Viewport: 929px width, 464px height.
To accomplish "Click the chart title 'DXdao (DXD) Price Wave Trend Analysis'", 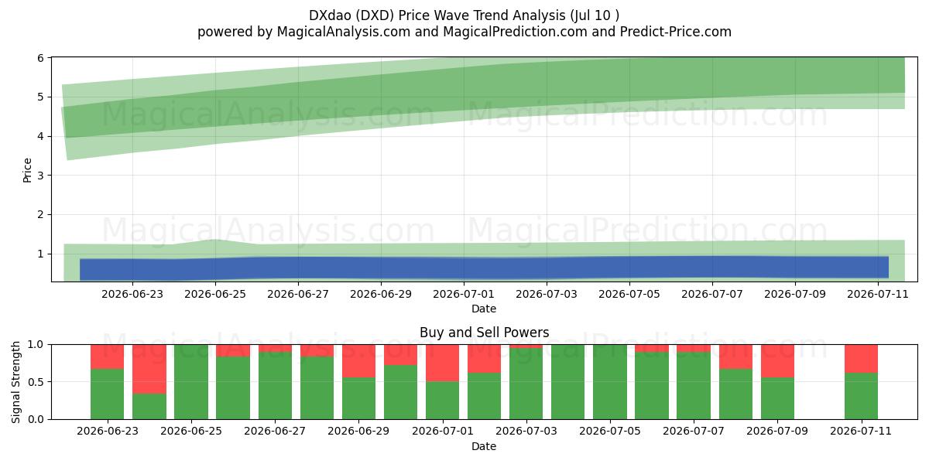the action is pyautogui.click(x=437, y=15).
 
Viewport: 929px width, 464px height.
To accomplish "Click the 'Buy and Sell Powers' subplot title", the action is pyautogui.click(x=484, y=333).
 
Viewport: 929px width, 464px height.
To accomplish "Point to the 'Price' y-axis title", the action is pyautogui.click(x=27, y=170).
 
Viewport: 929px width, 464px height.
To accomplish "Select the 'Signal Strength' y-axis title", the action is pyautogui.click(x=15, y=382).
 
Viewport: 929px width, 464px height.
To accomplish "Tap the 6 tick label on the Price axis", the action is pyautogui.click(x=40, y=58).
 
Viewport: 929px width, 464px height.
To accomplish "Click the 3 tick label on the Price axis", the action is pyautogui.click(x=40, y=176).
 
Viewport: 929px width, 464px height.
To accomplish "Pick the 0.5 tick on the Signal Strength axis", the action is pyautogui.click(x=36, y=381).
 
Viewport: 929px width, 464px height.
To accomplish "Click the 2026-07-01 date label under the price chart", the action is pyautogui.click(x=464, y=294).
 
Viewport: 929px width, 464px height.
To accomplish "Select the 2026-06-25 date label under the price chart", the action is pyautogui.click(x=215, y=294).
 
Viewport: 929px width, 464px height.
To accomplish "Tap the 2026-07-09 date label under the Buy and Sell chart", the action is pyautogui.click(x=777, y=431).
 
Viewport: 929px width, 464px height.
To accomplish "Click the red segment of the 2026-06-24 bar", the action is pyautogui.click(x=149, y=369).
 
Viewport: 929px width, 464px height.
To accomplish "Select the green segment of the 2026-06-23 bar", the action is pyautogui.click(x=108, y=394).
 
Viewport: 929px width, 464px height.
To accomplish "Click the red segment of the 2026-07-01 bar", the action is pyautogui.click(x=443, y=363).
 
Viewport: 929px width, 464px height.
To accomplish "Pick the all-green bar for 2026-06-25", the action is pyautogui.click(x=191, y=381).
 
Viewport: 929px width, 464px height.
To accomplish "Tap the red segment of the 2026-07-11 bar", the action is pyautogui.click(x=862, y=358).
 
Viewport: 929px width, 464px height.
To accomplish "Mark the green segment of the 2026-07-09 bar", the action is pyautogui.click(x=777, y=398).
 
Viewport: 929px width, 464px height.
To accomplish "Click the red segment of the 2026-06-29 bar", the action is pyautogui.click(x=358, y=360).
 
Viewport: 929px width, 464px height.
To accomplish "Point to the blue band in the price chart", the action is pyautogui.click(x=484, y=268).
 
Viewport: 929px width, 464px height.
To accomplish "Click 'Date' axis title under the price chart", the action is pyautogui.click(x=484, y=309).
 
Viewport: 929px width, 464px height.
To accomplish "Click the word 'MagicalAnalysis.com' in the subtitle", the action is pyautogui.click(x=344, y=32).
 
